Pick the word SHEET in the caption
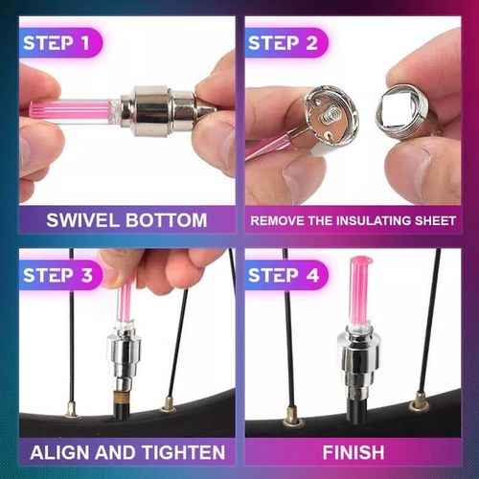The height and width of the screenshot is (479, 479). [430, 221]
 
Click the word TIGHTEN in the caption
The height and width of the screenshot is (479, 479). [182, 451]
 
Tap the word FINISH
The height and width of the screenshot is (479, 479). [354, 451]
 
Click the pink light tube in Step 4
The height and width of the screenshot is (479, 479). [362, 292]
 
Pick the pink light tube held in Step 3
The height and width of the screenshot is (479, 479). [125, 302]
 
